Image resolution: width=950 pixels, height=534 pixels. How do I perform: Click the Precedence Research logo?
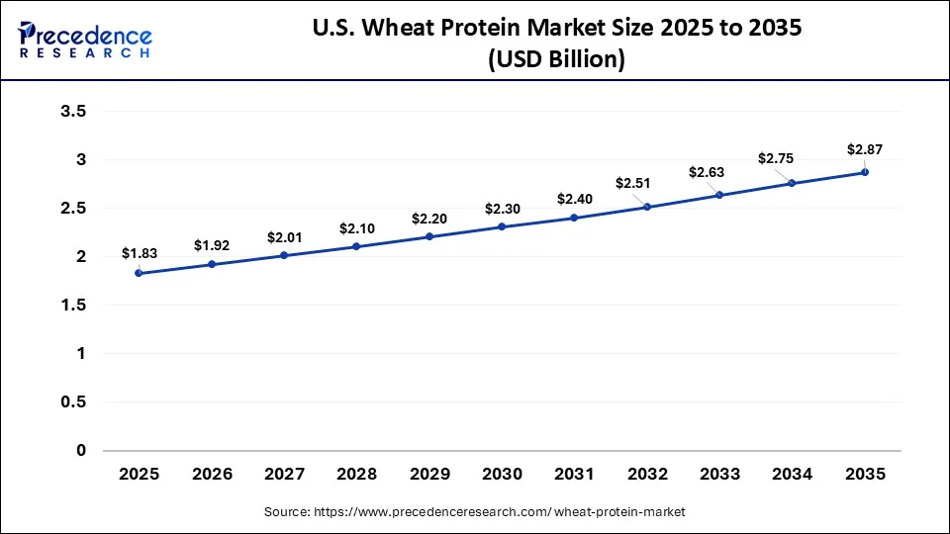click(x=85, y=39)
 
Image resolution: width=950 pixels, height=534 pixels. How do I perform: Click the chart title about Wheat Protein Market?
click(x=556, y=29)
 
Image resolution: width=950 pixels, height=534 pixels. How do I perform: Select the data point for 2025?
click(x=139, y=273)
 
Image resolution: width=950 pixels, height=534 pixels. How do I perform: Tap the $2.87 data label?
click(x=864, y=149)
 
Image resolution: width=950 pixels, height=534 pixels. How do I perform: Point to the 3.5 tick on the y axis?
click(x=74, y=112)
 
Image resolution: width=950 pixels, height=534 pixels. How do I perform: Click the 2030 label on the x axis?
click(x=502, y=475)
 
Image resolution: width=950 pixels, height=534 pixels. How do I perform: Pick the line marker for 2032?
click(x=647, y=207)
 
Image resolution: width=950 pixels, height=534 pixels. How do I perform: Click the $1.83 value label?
click(x=139, y=253)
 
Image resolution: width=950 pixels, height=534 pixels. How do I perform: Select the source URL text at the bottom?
click(x=474, y=511)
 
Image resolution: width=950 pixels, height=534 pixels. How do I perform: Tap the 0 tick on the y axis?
click(x=81, y=451)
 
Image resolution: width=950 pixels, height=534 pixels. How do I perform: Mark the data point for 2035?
click(x=865, y=172)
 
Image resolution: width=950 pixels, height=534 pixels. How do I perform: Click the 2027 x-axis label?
click(x=284, y=475)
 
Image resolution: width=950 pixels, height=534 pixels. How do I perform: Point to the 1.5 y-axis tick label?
click(x=74, y=306)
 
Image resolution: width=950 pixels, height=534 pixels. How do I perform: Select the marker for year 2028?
click(x=356, y=246)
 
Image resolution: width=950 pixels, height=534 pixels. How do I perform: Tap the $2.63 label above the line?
click(x=707, y=173)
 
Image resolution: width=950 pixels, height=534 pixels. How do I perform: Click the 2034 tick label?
click(x=792, y=475)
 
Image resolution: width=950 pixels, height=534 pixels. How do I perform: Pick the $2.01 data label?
click(x=284, y=237)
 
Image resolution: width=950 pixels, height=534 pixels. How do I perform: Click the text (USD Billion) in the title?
click(x=556, y=59)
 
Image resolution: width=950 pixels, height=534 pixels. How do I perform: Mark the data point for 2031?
click(x=574, y=218)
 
